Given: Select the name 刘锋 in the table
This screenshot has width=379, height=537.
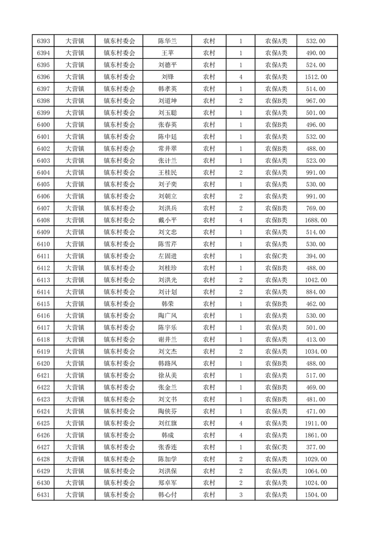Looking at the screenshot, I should [167, 77].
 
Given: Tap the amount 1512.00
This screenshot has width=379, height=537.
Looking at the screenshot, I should [315, 77].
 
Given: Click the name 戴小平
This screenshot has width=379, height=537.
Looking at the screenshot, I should [167, 220].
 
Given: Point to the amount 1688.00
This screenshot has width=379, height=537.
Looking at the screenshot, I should [315, 220].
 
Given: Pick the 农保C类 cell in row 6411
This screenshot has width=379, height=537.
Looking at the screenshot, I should [276, 256].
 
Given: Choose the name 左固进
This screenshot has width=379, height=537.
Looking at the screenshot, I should [167, 256].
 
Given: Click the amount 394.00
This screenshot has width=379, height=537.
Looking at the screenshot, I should [315, 256].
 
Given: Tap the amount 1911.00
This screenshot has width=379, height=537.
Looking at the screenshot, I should [315, 423].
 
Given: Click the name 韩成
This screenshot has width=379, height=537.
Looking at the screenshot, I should [167, 435].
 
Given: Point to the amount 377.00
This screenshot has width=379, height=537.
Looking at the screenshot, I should [315, 447].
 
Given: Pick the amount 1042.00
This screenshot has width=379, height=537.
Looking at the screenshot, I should [315, 280].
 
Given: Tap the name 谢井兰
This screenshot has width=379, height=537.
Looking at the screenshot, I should [167, 340].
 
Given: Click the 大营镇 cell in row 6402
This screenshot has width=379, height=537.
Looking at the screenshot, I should [75, 149].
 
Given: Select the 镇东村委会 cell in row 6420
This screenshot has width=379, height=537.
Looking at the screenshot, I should [119, 364].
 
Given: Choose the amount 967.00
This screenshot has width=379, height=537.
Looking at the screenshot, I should [315, 101].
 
